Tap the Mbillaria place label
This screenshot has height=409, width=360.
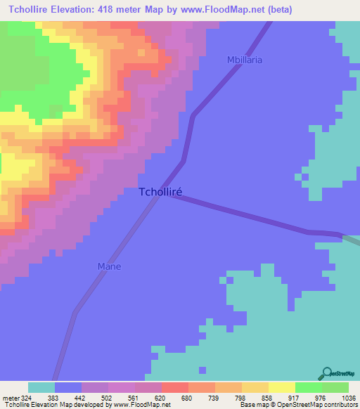[x=245, y=60]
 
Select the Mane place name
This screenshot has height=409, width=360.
[x=109, y=266]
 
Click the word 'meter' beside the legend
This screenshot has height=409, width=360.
[x=8, y=397]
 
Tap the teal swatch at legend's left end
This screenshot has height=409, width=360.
[x=41, y=387]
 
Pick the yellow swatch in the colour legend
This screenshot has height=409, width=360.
[x=281, y=387]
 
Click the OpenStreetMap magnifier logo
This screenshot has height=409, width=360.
[x=326, y=375]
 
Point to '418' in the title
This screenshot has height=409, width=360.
[x=122, y=10]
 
